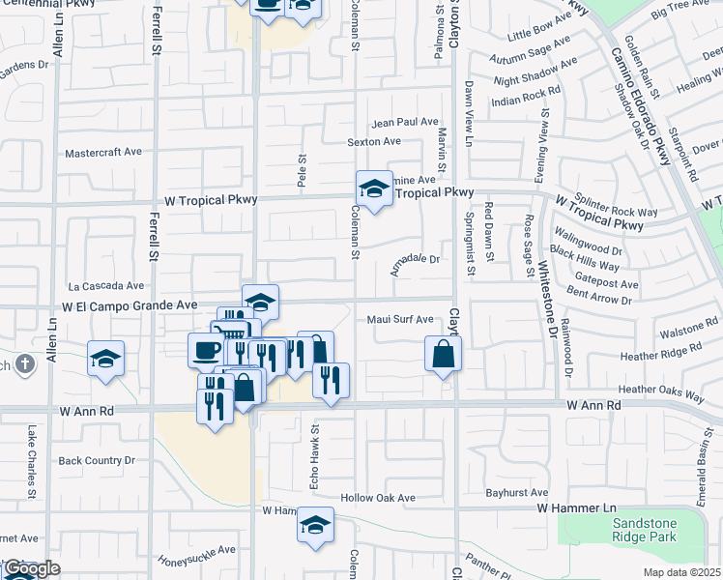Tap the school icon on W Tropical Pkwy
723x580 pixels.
pos(374,188)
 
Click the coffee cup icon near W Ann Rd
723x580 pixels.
pos(207,349)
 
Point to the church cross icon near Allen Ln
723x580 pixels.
pos(26,365)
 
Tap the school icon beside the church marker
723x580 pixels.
pos(105,359)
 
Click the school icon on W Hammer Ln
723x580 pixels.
pos(315,524)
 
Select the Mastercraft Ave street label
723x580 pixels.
pos(103,153)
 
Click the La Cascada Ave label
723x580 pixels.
pos(105,286)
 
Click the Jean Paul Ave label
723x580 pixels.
pos(405,122)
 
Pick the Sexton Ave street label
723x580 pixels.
pos(374,141)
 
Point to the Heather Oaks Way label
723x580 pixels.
pos(661,391)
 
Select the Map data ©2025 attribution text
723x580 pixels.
pos(680,572)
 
